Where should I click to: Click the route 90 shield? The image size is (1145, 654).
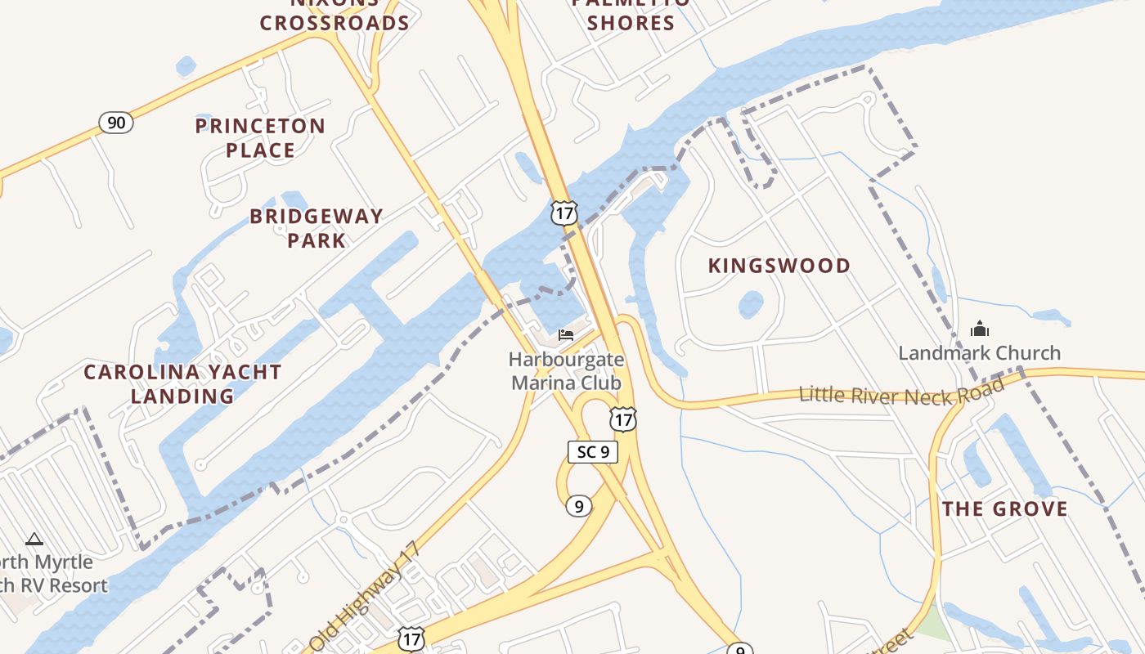pyautogui.click(x=116, y=123)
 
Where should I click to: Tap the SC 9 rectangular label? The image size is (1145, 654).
pyautogui.click(x=592, y=451)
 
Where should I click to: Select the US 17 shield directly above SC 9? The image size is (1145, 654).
pyautogui.click(x=623, y=420)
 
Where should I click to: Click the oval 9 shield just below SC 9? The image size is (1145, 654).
pyautogui.click(x=578, y=506)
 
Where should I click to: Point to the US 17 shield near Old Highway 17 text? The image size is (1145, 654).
pyautogui.click(x=411, y=638)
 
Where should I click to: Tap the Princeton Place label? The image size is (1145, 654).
pyautogui.click(x=260, y=138)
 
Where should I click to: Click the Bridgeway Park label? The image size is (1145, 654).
pyautogui.click(x=317, y=228)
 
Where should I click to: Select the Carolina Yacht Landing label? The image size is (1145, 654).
pyautogui.click(x=183, y=384)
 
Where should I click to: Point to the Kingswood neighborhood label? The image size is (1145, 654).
pyautogui.click(x=779, y=266)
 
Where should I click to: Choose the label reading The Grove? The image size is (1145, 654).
pyautogui.click(x=1004, y=509)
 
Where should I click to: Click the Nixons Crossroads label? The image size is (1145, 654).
pyautogui.click(x=335, y=15)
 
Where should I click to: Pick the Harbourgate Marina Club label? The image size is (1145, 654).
pyautogui.click(x=566, y=371)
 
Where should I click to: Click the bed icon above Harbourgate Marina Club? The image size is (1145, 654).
pyautogui.click(x=565, y=334)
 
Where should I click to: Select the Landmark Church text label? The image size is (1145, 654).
pyautogui.click(x=979, y=353)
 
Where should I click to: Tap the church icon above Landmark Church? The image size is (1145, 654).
pyautogui.click(x=979, y=329)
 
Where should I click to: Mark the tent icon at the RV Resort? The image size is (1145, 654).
pyautogui.click(x=34, y=539)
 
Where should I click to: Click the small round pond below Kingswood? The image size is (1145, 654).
pyautogui.click(x=751, y=305)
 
